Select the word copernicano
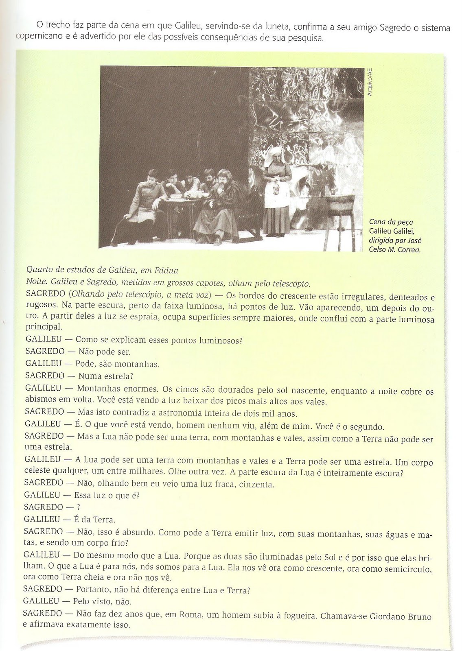(x=37, y=39)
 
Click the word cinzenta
(x=256, y=485)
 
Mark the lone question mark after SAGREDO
(x=78, y=508)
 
